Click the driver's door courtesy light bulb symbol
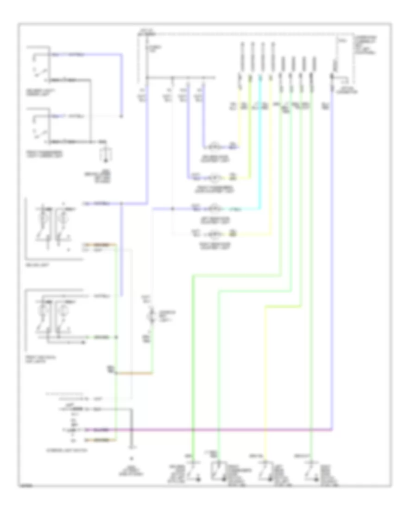(215, 146)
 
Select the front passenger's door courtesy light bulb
(215, 177)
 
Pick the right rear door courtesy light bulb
(215, 234)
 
